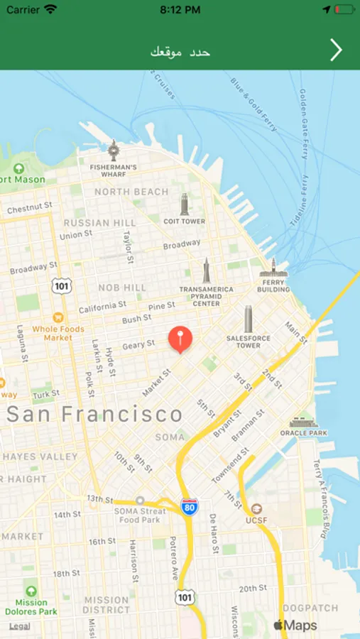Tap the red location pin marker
point(180,339)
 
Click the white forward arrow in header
point(336,50)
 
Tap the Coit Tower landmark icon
point(185,204)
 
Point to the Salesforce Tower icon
point(249,319)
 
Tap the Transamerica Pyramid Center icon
point(206,271)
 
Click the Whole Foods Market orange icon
point(58,316)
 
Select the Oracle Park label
point(304,432)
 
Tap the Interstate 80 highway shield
point(189,506)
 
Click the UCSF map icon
point(256,509)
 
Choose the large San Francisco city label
point(94,415)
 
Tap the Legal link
point(19,626)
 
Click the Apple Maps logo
point(295,625)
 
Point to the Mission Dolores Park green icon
point(31,591)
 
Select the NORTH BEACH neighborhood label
point(131,192)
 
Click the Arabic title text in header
point(180,51)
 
